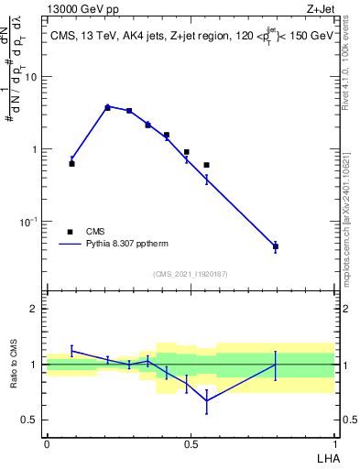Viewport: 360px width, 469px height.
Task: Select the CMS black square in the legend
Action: coord(70,232)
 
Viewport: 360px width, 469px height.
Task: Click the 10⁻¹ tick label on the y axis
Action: coord(29,222)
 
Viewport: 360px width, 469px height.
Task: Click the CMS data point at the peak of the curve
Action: coord(107,107)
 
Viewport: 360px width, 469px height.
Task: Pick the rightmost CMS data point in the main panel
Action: coord(275,246)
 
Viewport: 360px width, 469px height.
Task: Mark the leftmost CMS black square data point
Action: coord(71,163)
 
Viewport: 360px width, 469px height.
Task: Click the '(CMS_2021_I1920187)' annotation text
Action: coord(191,273)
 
